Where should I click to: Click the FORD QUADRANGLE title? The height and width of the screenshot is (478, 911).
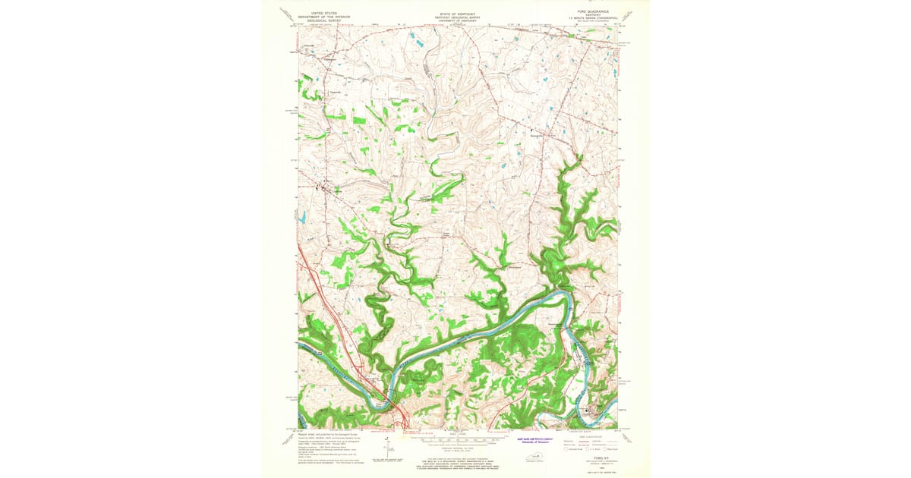[x=589, y=12]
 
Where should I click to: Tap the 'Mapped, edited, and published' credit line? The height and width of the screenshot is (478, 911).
[x=326, y=435]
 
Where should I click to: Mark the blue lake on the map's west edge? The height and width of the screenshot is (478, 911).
[x=301, y=218]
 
